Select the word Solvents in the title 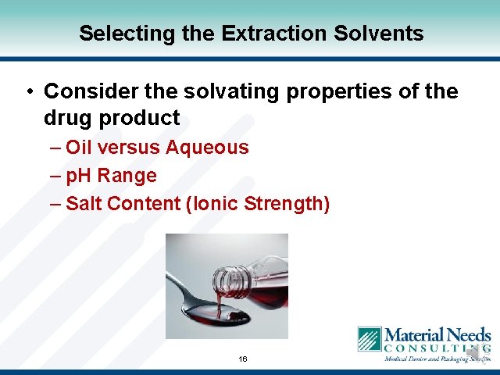pos(382,34)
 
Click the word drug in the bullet pos(68,118)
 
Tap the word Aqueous pos(207,148)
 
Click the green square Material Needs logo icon pos(369,340)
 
